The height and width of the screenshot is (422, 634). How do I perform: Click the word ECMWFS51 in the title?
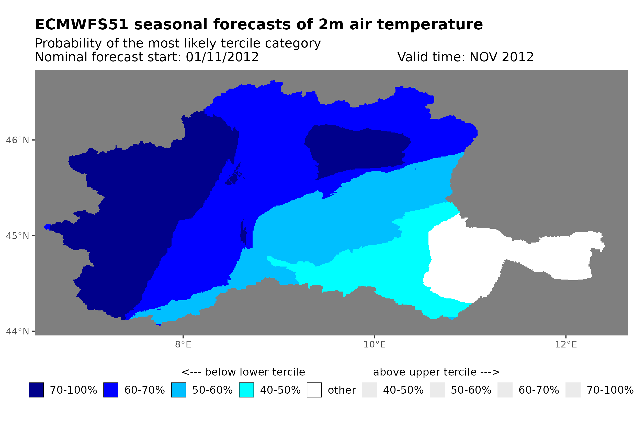pos(81,25)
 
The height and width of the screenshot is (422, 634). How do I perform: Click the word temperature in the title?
pos(429,25)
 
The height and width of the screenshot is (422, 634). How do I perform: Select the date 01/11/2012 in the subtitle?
pos(222,57)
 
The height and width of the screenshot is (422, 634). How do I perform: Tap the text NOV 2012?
pos(501,57)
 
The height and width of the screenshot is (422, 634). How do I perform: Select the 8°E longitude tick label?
pos(183,344)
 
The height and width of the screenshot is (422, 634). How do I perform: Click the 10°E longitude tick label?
pos(374,344)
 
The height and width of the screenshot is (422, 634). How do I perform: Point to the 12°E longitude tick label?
pos(565,344)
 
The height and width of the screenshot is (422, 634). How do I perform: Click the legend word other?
pos(342,390)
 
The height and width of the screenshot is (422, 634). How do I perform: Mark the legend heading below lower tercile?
pos(243,372)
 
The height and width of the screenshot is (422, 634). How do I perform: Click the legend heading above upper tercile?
pos(436,372)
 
